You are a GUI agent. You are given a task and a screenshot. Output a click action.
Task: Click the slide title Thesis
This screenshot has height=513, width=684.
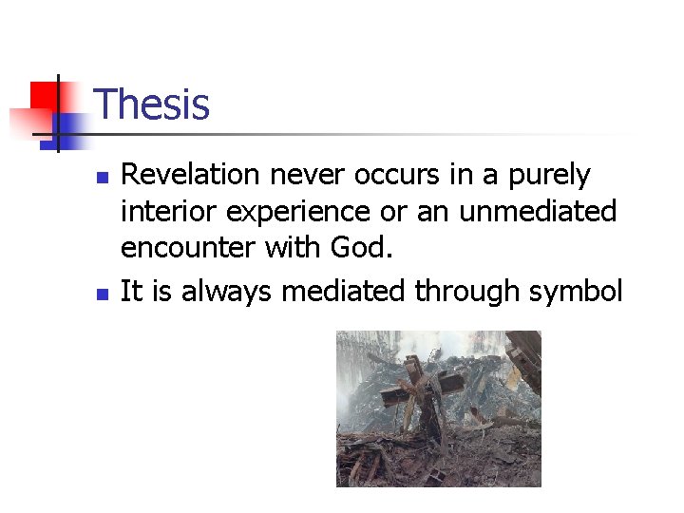[x=152, y=104]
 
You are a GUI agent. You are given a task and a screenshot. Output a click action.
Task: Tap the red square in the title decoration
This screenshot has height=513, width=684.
[x=43, y=96]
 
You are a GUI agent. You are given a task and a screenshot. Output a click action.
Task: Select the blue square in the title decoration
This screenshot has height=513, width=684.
[x=68, y=123]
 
